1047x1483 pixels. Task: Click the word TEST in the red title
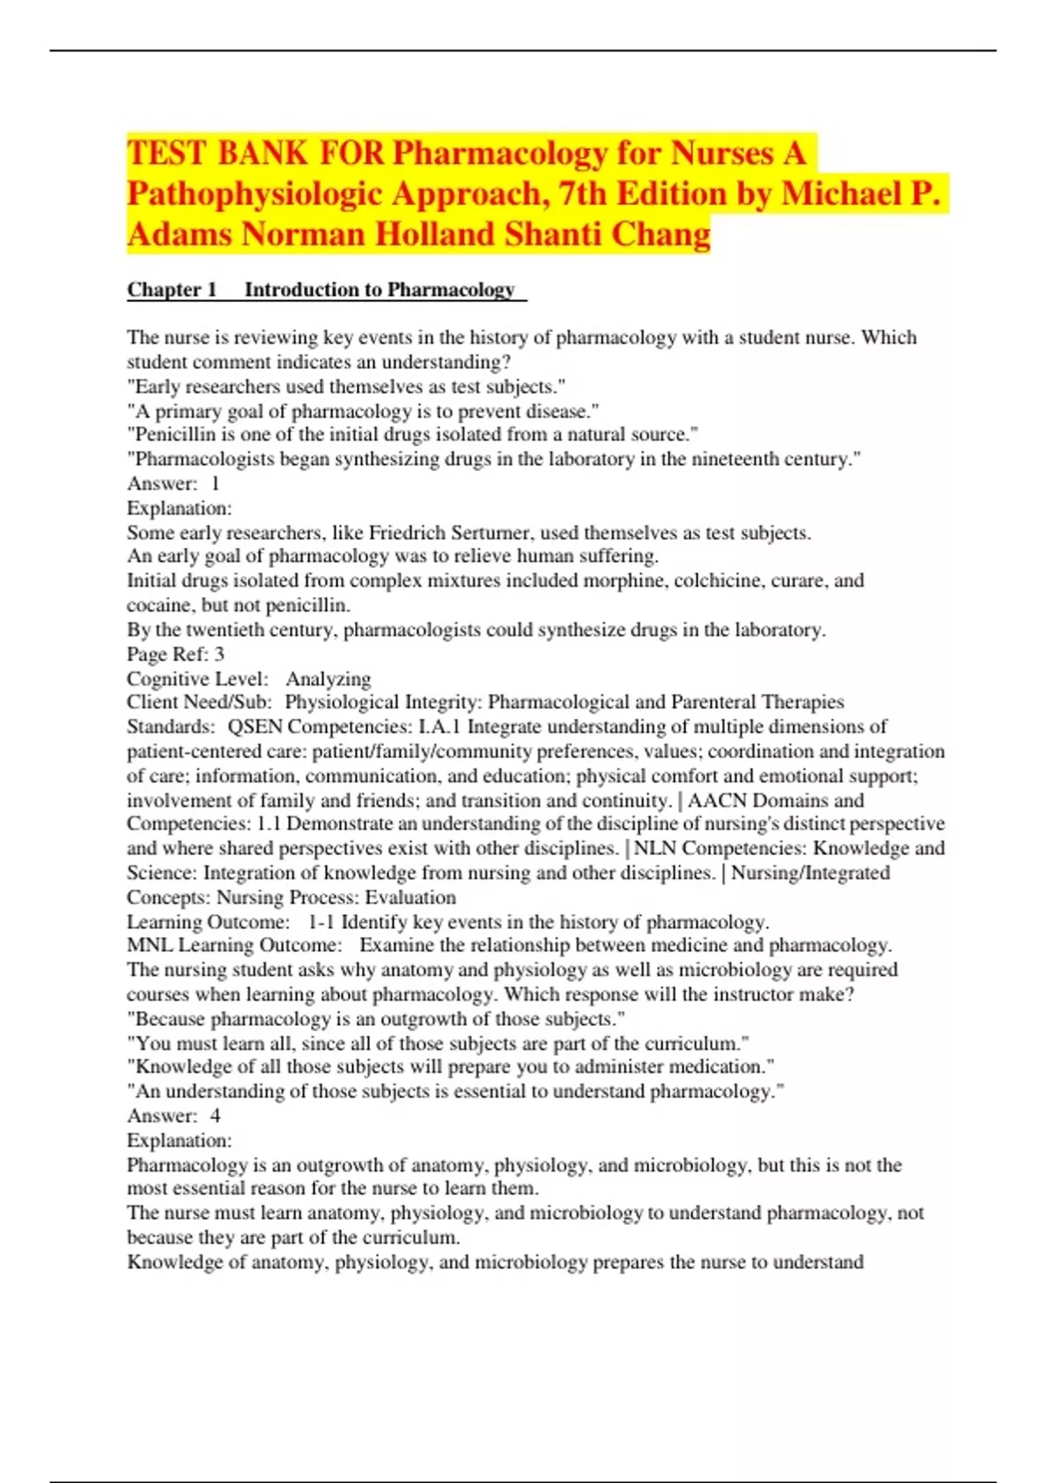point(166,154)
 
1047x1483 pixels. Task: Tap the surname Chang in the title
point(661,235)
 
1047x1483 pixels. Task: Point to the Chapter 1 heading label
point(172,290)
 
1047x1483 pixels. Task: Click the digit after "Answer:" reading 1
point(216,484)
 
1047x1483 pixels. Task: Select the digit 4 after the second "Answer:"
point(216,1116)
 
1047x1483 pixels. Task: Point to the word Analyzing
point(328,679)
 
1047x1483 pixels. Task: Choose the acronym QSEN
point(255,727)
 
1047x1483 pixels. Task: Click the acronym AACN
point(716,800)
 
